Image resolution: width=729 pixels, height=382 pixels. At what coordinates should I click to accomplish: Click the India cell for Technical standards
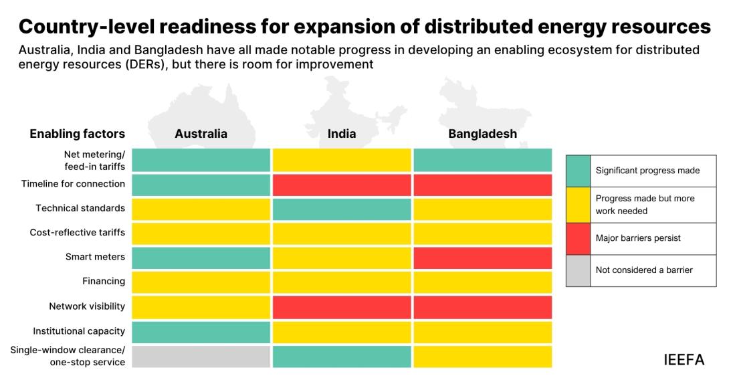click(342, 209)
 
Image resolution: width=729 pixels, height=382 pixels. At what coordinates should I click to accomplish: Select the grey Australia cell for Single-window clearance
click(201, 357)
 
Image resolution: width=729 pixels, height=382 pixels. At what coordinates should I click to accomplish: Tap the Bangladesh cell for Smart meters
click(483, 258)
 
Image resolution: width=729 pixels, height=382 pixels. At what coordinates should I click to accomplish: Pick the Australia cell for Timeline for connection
click(201, 185)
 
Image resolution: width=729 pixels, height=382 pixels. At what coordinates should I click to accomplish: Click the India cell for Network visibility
click(342, 307)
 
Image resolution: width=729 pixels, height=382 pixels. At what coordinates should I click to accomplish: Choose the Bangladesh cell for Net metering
click(483, 160)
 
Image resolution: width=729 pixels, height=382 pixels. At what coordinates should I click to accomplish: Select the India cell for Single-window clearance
click(342, 357)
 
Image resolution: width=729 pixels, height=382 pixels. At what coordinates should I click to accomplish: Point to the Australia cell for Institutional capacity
click(201, 332)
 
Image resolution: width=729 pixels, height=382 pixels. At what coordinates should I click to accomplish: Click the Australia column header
click(201, 134)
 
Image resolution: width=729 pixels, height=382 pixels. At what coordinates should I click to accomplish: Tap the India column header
click(342, 134)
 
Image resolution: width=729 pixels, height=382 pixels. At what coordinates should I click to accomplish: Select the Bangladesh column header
click(483, 134)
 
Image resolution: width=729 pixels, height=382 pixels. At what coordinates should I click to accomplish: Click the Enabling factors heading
click(77, 134)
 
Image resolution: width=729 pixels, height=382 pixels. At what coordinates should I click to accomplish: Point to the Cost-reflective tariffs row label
click(77, 232)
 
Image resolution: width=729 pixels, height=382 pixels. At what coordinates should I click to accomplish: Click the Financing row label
click(104, 281)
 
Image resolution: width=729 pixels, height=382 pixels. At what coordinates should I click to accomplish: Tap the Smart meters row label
click(96, 256)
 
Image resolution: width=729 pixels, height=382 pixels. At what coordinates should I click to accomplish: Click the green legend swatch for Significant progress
click(578, 171)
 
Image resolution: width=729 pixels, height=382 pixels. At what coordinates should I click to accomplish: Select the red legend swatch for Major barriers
click(578, 239)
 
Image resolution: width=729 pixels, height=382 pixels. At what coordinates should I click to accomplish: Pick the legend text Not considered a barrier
click(644, 270)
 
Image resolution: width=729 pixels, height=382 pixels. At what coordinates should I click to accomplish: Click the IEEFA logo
click(684, 360)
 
